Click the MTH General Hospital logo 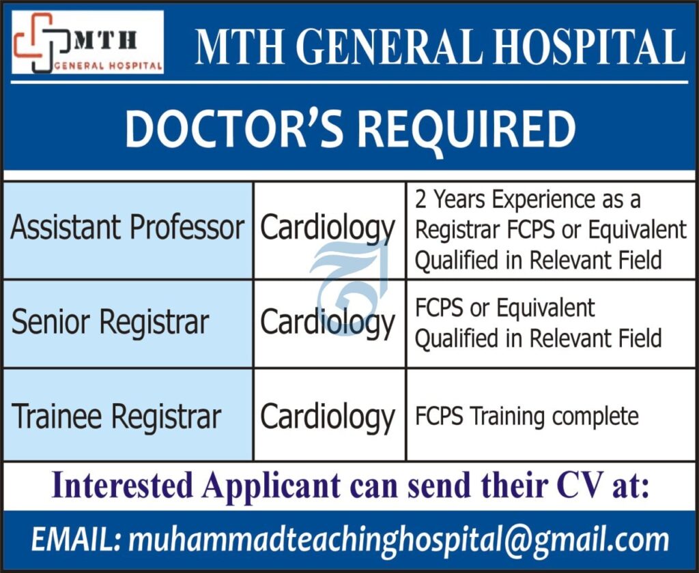tap(88, 42)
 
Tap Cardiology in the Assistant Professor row tap(327, 229)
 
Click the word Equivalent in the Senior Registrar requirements tap(545, 308)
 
